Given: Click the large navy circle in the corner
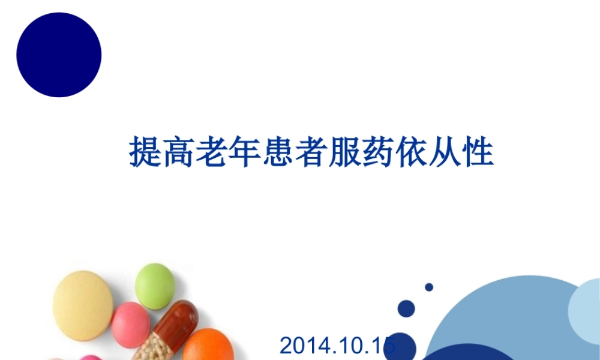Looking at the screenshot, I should [x=59, y=55].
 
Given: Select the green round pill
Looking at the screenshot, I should [x=155, y=286].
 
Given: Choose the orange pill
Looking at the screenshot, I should [x=208, y=345].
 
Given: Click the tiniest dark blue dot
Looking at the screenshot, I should [x=429, y=287].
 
